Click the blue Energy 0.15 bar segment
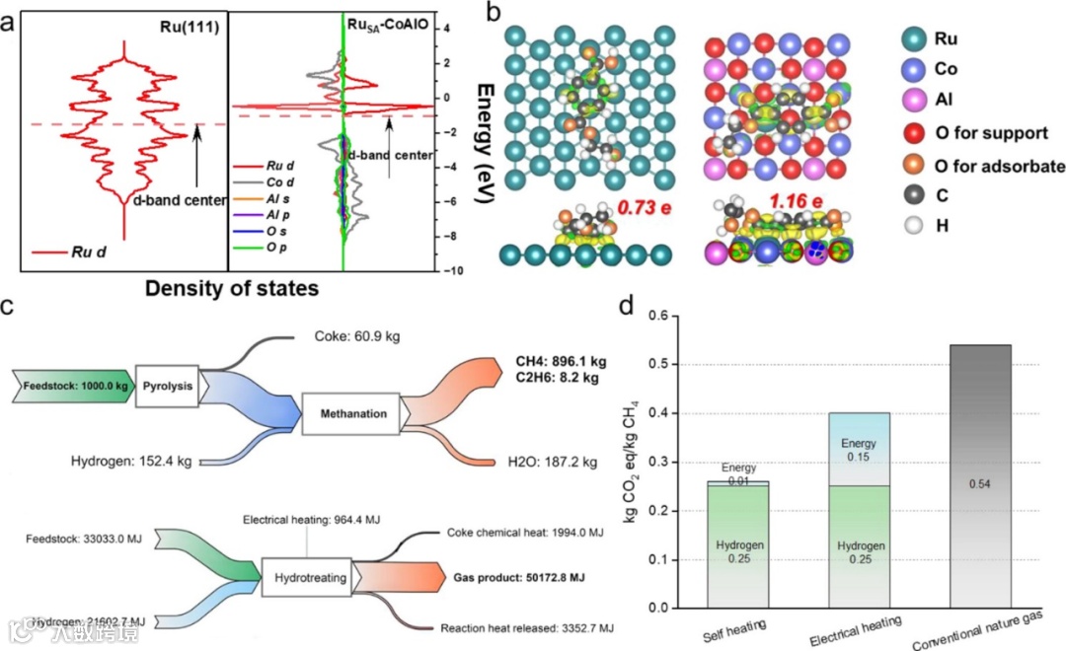pos(858,449)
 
